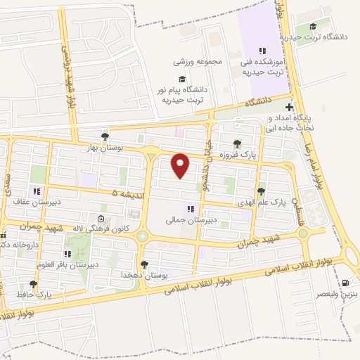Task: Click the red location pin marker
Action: [x=181, y=165]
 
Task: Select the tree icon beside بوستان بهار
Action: [x=105, y=136]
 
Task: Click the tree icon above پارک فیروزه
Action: [x=236, y=143]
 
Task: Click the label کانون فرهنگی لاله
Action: [x=124, y=229]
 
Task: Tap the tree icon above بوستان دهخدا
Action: [x=144, y=264]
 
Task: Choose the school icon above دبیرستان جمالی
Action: [x=188, y=208]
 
